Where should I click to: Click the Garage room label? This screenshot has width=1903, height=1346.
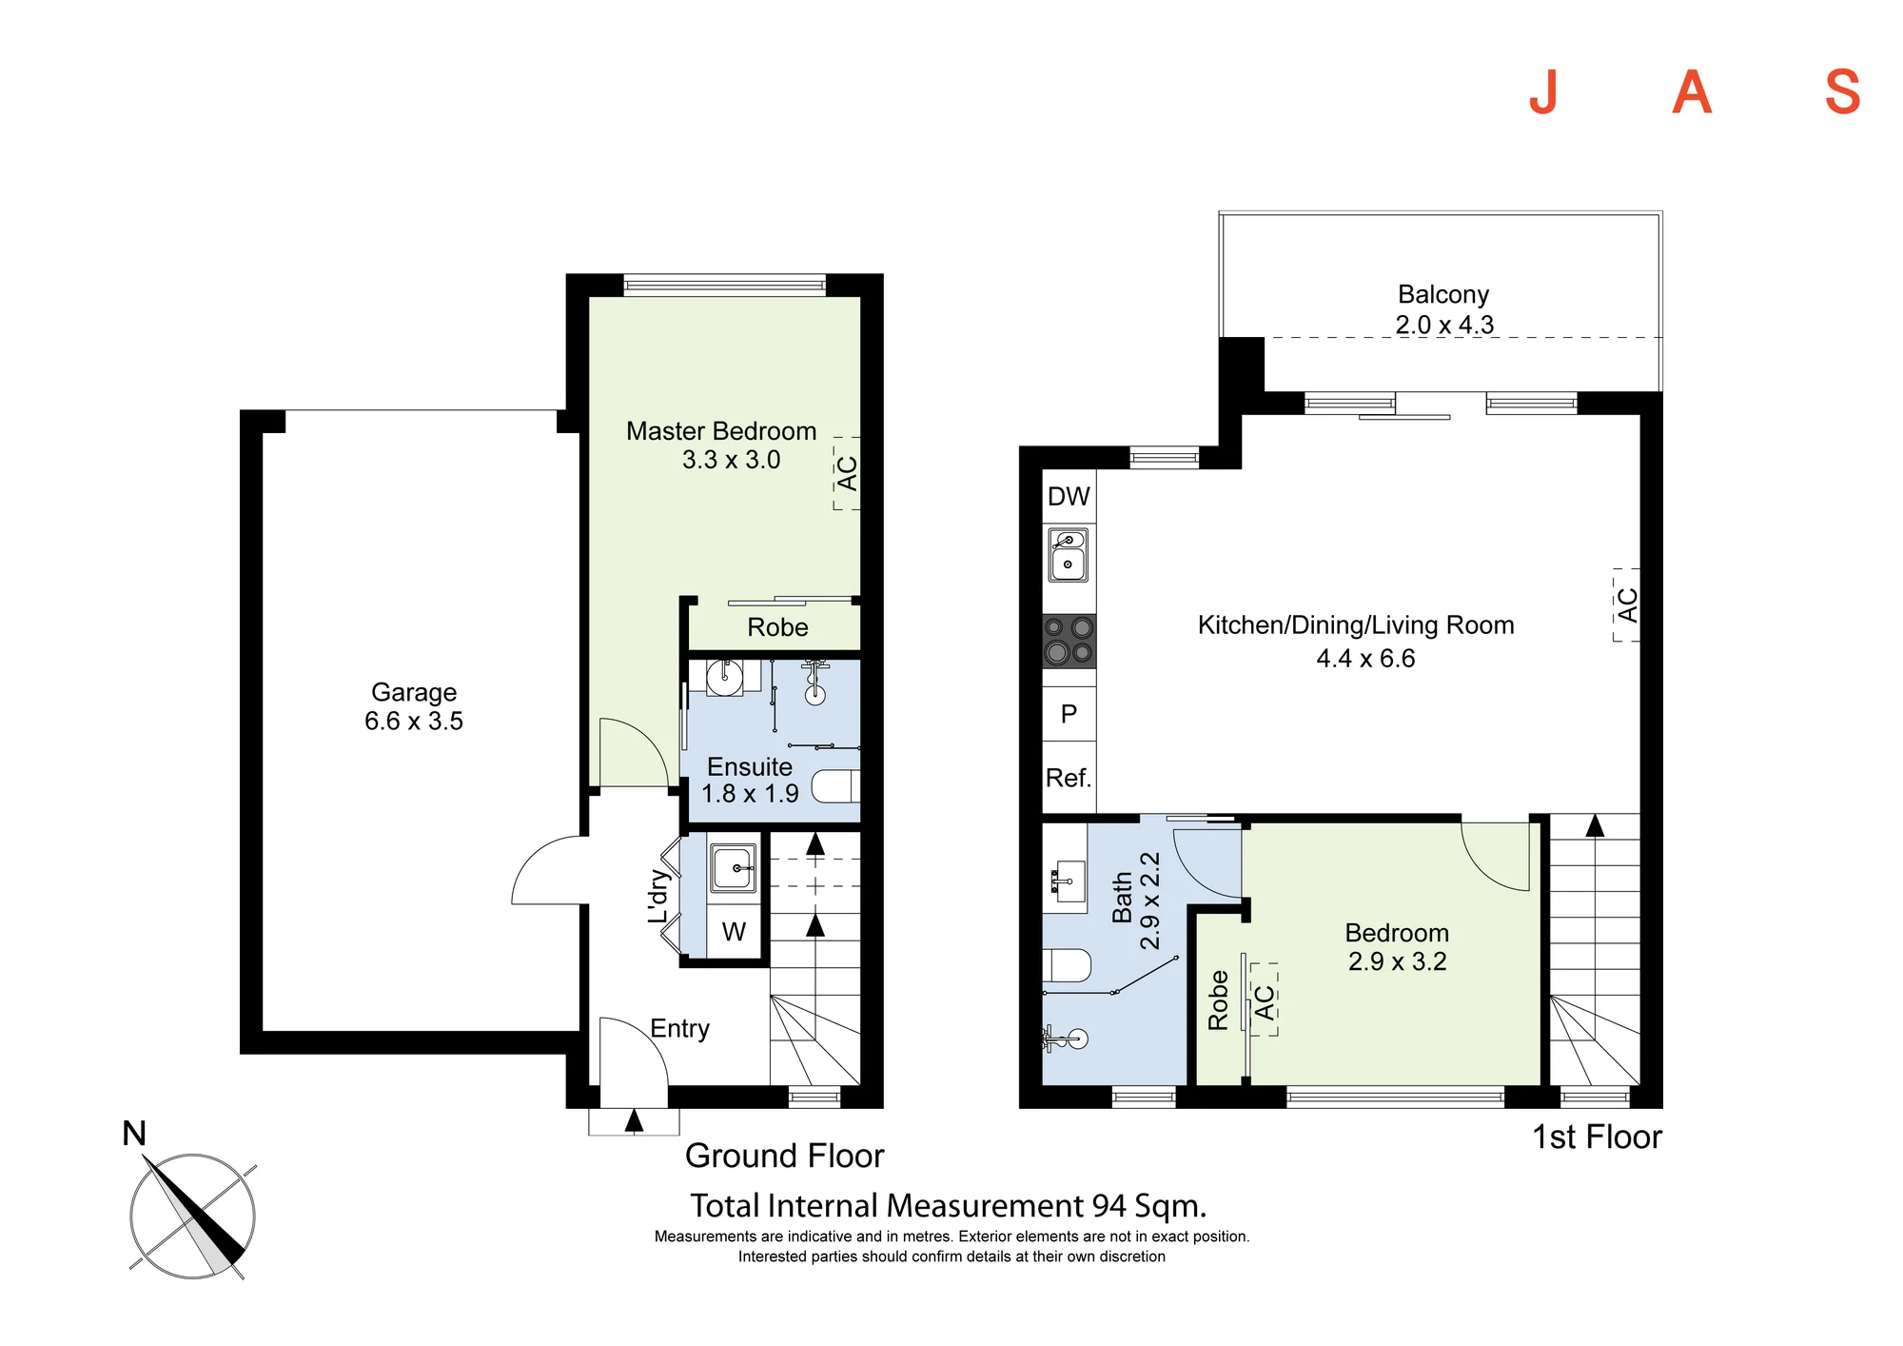(x=414, y=692)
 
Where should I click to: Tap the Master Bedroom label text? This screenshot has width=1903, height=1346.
(x=721, y=431)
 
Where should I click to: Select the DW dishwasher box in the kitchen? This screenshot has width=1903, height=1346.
(x=1069, y=496)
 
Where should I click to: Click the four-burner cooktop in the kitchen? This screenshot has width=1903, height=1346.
(x=1069, y=641)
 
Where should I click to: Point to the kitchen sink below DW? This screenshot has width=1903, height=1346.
(x=1069, y=554)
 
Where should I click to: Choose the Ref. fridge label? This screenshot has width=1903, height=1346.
(x=1068, y=778)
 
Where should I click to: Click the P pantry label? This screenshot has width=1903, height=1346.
(x=1069, y=714)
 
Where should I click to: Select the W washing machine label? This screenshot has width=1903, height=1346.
(x=734, y=931)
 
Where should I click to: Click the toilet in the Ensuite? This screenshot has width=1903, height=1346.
(x=835, y=786)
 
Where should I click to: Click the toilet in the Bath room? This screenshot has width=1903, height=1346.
(x=1067, y=964)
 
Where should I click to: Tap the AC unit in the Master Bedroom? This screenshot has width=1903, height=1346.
(x=847, y=473)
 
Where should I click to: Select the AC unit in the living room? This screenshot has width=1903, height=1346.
(x=1627, y=605)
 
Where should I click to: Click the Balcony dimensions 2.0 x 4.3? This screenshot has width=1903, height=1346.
(x=1444, y=325)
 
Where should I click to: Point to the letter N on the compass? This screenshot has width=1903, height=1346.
(x=134, y=1134)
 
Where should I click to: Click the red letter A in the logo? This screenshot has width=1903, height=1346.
(x=1692, y=93)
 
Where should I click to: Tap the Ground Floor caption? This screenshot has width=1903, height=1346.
(x=784, y=1156)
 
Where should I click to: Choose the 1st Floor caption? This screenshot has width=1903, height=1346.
(x=1597, y=1137)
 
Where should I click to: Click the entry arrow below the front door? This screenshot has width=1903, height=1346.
(x=634, y=1120)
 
